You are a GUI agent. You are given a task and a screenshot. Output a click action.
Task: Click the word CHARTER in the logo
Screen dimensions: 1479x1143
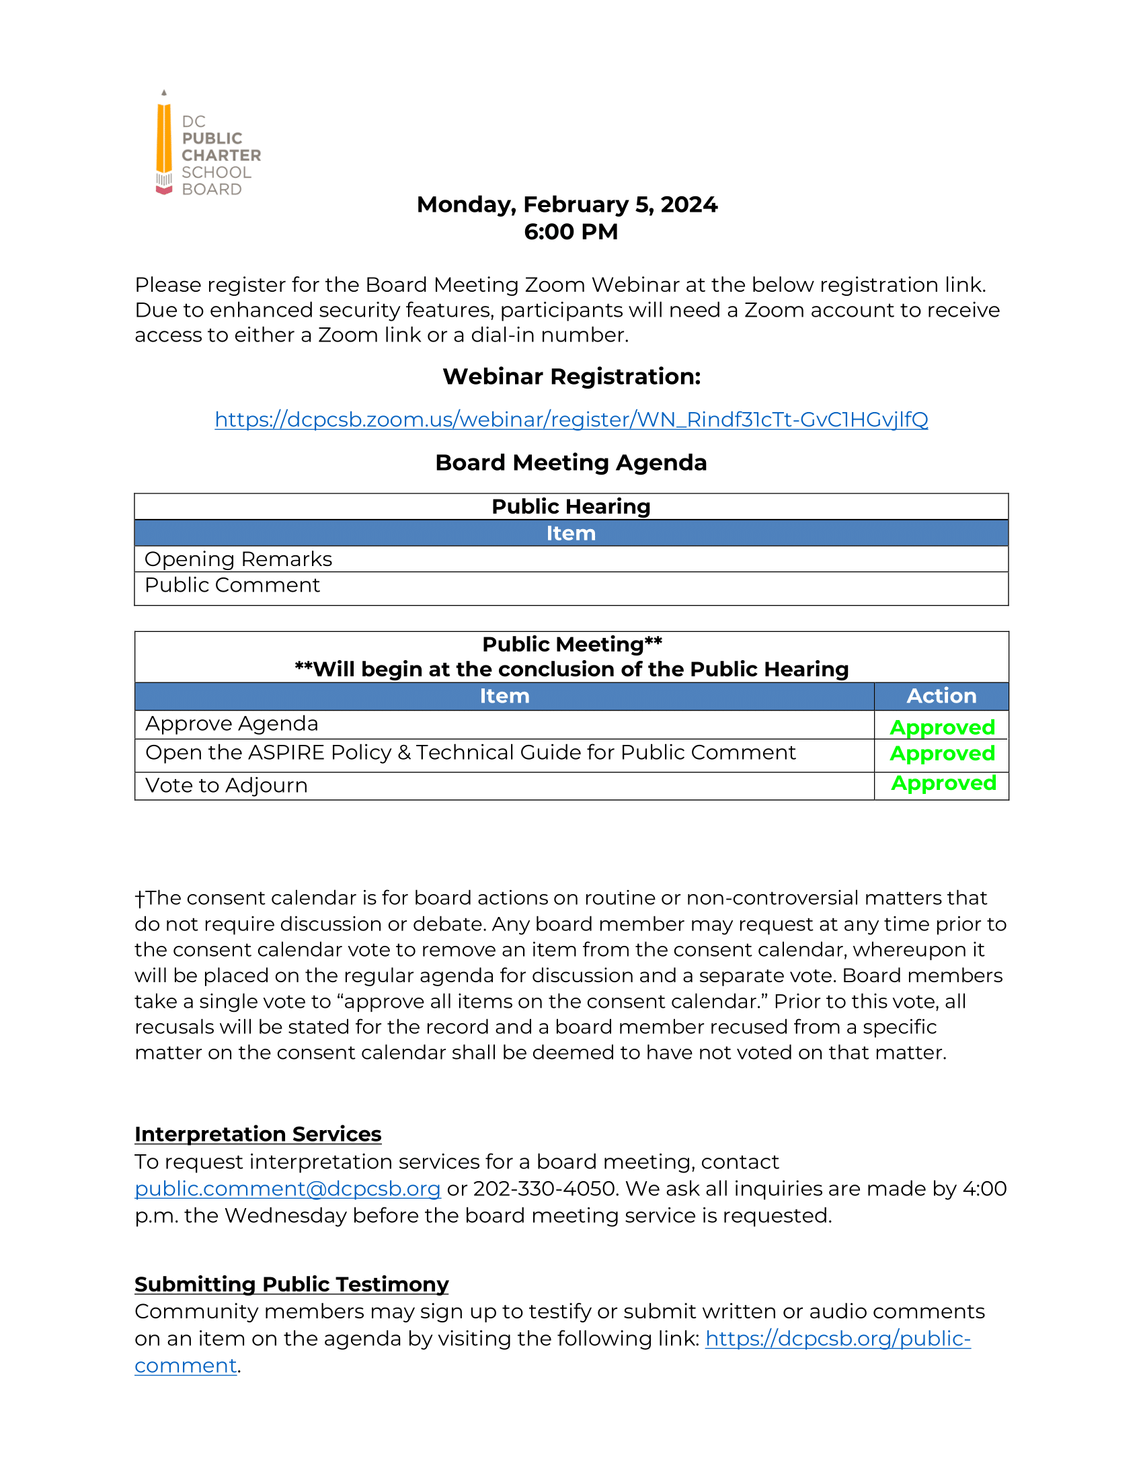[221, 155]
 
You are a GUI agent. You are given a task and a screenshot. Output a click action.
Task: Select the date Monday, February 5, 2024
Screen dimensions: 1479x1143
[567, 204]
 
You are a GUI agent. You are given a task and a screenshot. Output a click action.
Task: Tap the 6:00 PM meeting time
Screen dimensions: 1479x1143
[571, 232]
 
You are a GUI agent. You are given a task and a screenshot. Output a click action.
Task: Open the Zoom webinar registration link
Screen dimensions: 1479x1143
[571, 420]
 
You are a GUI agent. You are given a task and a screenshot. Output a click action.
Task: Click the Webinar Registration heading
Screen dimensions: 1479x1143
[571, 376]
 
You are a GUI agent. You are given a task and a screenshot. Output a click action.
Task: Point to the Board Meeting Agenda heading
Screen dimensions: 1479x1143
[571, 463]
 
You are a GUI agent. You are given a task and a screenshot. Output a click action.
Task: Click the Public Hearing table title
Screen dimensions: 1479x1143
[571, 506]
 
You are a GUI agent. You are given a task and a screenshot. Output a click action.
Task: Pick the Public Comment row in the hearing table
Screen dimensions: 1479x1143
[232, 585]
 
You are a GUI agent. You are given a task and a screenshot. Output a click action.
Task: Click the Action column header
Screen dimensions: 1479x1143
[941, 696]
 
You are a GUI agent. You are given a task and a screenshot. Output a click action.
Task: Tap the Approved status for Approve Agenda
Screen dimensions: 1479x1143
[942, 727]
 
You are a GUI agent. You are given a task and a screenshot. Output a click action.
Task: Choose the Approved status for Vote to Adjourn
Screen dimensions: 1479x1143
[943, 783]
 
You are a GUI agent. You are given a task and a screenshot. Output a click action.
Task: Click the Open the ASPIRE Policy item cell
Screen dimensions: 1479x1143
[471, 752]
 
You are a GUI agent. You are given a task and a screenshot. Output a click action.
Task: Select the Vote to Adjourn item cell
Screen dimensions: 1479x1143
[227, 785]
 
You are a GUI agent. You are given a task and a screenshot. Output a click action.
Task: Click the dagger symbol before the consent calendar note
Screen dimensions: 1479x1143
[139, 899]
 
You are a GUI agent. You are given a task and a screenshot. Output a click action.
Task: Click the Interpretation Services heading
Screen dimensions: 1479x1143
[258, 1134]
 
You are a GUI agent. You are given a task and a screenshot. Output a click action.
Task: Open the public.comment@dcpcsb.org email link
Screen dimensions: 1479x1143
[288, 1189]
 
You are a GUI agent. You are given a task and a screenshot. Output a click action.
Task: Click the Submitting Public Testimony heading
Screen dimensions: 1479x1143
[291, 1285]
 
